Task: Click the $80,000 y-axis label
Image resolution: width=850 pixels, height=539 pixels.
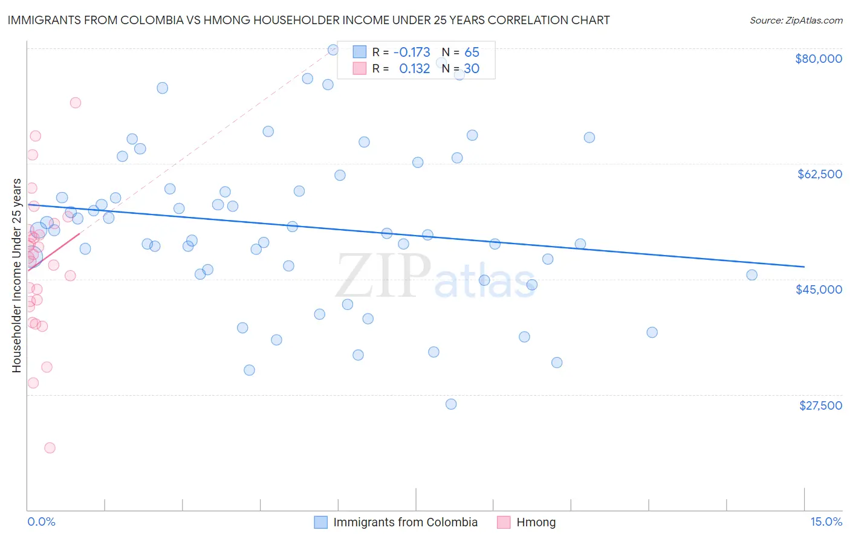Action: (818, 59)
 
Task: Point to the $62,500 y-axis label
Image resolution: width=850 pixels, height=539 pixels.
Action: (819, 174)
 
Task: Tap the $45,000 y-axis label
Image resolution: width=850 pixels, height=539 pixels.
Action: (819, 289)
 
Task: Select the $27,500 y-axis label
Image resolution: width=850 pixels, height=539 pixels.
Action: (820, 405)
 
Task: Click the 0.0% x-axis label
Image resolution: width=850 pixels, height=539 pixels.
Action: (41, 521)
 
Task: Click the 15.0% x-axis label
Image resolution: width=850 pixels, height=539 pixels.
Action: (826, 521)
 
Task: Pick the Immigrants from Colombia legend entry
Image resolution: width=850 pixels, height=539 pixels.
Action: (405, 522)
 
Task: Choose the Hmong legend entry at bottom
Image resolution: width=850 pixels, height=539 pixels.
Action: (536, 522)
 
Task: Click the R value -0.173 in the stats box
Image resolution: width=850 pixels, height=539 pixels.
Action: (412, 53)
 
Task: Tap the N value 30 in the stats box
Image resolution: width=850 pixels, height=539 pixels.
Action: (472, 69)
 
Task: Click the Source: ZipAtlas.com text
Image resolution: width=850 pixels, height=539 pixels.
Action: (796, 20)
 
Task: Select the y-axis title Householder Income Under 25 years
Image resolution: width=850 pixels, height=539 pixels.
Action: (17, 275)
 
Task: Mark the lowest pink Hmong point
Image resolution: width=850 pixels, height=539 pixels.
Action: (50, 448)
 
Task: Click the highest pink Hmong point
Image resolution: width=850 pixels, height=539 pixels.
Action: (76, 103)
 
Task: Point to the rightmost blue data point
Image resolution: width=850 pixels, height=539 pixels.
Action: (751, 275)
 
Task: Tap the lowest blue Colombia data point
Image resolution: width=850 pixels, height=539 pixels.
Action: (451, 404)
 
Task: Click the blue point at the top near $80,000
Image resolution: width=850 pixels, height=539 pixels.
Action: (333, 50)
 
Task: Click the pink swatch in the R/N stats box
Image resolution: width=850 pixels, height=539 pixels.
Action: (360, 68)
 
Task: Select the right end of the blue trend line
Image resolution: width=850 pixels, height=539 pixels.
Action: (804, 266)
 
